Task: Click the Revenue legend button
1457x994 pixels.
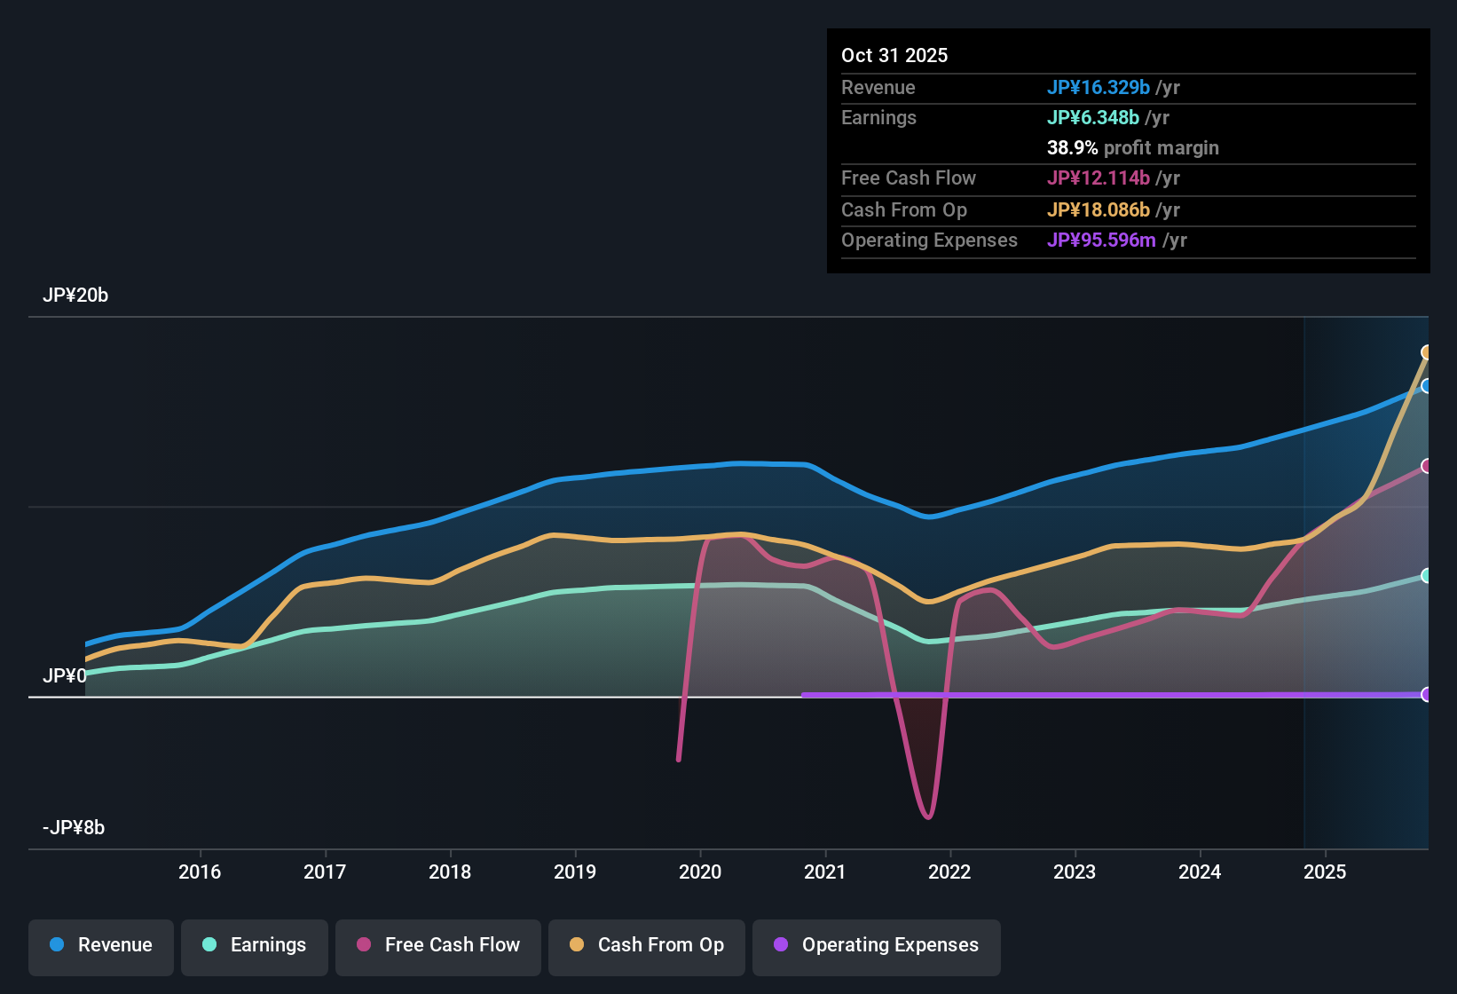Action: point(101,945)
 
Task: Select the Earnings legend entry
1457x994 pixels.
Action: point(255,945)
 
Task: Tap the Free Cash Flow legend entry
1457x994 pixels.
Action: point(438,945)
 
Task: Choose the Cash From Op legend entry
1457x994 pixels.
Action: point(647,945)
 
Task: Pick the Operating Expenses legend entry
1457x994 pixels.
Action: point(877,945)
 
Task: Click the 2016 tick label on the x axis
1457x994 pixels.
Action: point(200,872)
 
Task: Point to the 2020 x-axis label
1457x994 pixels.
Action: point(700,872)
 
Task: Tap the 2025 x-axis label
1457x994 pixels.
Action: point(1325,872)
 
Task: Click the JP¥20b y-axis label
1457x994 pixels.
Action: point(75,296)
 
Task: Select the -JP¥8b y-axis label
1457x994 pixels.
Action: point(74,828)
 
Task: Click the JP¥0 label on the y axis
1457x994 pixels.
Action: point(65,676)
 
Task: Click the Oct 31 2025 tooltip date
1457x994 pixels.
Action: point(894,55)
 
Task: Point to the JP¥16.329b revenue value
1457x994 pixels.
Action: point(1098,87)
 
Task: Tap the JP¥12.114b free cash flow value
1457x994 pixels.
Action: point(1098,177)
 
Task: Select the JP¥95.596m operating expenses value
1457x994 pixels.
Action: point(1100,241)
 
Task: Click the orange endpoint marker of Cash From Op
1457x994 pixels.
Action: point(1426,352)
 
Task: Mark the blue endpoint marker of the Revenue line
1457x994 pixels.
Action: point(1426,386)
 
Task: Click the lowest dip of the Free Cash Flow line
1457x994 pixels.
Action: point(928,816)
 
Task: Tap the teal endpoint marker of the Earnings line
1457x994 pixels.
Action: point(1426,576)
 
